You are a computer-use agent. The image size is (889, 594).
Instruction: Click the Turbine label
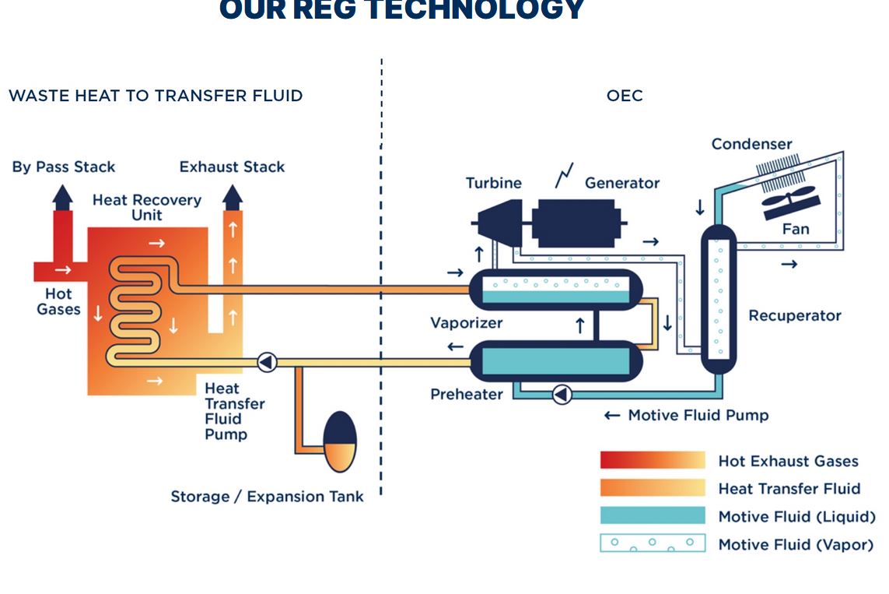coord(493,183)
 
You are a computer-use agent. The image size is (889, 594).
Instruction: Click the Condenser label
coord(751,144)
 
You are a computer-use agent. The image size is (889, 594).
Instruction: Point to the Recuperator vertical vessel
coord(719,300)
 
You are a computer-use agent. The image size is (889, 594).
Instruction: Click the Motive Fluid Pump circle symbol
coord(562,395)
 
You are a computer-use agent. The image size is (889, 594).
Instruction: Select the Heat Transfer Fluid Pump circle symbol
coord(267,362)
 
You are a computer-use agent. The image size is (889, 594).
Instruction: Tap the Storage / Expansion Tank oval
coord(339,441)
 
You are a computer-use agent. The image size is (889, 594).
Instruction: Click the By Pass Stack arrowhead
coord(63,195)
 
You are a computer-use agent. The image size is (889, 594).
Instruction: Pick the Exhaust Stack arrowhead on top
coord(232,196)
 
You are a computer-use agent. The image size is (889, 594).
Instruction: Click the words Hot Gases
coord(58,301)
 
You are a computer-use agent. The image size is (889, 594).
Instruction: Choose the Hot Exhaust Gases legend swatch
coord(652,460)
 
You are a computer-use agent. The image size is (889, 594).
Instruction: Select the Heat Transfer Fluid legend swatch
coord(652,488)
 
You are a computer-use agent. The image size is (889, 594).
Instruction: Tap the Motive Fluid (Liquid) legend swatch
coord(652,516)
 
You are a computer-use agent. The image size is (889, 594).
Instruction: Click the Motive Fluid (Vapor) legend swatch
coord(652,543)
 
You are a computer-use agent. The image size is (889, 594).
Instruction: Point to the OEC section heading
coord(625,96)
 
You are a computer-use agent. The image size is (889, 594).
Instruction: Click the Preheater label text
coord(467,394)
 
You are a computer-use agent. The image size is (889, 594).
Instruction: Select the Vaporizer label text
coord(467,322)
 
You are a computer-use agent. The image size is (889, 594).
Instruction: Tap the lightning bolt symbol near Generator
coord(564,176)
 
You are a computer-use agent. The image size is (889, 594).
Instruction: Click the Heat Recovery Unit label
coord(146,207)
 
